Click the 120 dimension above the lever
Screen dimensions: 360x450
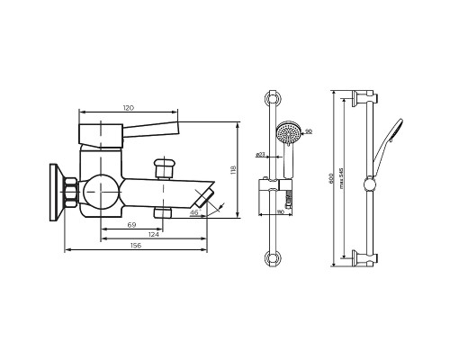(x=130, y=107)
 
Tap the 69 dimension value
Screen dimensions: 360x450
(x=131, y=223)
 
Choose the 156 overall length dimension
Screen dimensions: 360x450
(x=135, y=246)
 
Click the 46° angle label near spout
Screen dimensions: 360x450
(x=193, y=213)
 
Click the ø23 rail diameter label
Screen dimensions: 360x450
(x=259, y=154)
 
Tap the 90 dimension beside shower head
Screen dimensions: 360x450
(x=309, y=132)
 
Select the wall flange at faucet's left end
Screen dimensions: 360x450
(x=56, y=192)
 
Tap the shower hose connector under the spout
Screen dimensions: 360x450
(x=163, y=212)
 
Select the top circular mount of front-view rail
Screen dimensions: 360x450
(x=273, y=99)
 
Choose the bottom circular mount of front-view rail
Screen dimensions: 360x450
(x=273, y=259)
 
